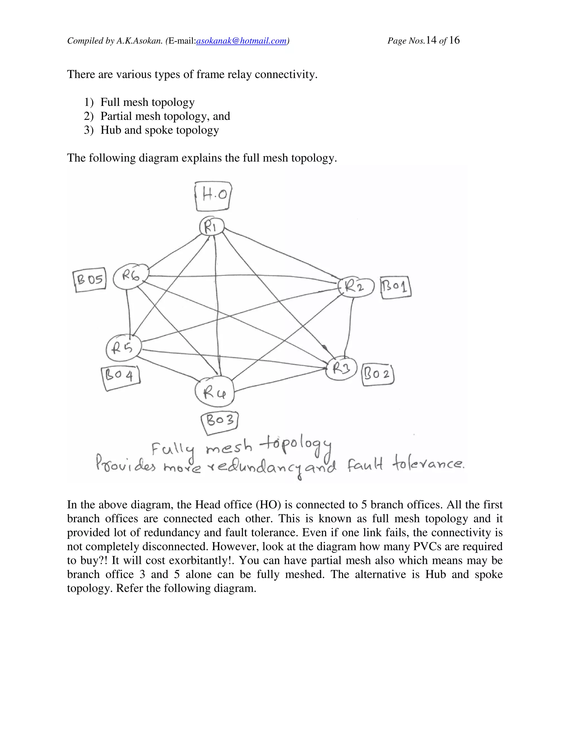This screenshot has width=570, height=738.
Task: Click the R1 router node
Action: point(212,226)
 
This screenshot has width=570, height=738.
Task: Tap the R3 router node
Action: point(341,369)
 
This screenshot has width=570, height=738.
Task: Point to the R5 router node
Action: point(124,348)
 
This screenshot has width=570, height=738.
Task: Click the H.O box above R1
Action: point(213,196)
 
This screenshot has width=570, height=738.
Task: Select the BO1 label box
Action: point(395,288)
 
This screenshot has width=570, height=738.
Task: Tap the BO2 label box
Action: point(378,374)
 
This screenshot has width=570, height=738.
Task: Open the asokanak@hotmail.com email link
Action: point(241,41)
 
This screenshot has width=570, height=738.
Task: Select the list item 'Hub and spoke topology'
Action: point(159,130)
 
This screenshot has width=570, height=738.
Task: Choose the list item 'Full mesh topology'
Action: point(147,102)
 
